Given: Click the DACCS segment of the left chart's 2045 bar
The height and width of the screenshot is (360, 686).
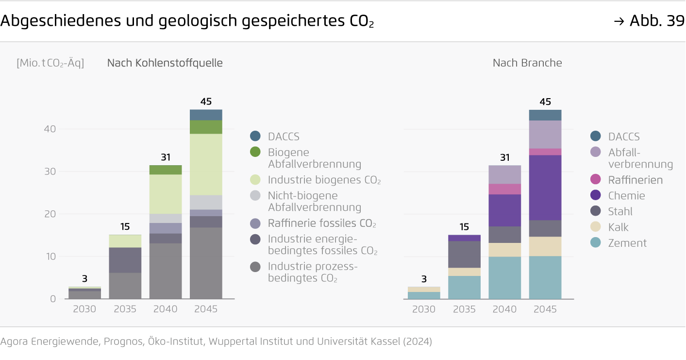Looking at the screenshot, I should pyautogui.click(x=206, y=115).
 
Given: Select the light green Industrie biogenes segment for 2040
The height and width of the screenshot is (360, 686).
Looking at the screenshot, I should pyautogui.click(x=166, y=194).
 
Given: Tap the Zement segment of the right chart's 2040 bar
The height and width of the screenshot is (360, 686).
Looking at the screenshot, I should pyautogui.click(x=505, y=277).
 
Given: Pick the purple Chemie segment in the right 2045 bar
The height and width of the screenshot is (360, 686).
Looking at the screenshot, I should pyautogui.click(x=545, y=188).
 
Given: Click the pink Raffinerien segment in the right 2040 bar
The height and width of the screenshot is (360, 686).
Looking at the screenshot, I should pyautogui.click(x=505, y=189).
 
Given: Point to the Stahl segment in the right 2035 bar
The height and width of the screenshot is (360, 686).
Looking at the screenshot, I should pyautogui.click(x=465, y=254).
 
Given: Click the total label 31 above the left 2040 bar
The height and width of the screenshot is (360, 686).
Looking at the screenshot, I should pyautogui.click(x=166, y=157).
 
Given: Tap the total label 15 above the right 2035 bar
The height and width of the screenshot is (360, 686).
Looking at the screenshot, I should pyautogui.click(x=465, y=227).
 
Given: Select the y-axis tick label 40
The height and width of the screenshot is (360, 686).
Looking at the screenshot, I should pyautogui.click(x=50, y=129).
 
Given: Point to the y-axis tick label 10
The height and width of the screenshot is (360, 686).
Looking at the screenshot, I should pyautogui.click(x=50, y=257).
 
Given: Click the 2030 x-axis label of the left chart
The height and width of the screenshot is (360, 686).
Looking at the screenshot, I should pyautogui.click(x=84, y=309).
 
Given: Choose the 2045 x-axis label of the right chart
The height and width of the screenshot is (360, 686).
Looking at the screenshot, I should pyautogui.click(x=545, y=309).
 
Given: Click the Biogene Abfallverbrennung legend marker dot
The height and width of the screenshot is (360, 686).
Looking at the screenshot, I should pyautogui.click(x=255, y=152).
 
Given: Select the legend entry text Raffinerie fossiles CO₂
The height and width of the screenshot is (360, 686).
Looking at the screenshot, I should pyautogui.click(x=322, y=223).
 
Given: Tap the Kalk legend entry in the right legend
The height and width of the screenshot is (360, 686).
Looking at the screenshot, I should pyautogui.click(x=618, y=227).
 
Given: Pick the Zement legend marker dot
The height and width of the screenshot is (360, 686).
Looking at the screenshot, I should pyautogui.click(x=596, y=243).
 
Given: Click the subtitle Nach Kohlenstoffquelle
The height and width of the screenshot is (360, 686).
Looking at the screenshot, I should pyautogui.click(x=165, y=63).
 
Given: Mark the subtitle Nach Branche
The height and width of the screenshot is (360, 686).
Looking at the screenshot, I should pyautogui.click(x=527, y=63).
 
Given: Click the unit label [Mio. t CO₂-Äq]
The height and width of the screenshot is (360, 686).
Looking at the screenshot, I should pyautogui.click(x=50, y=63).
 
